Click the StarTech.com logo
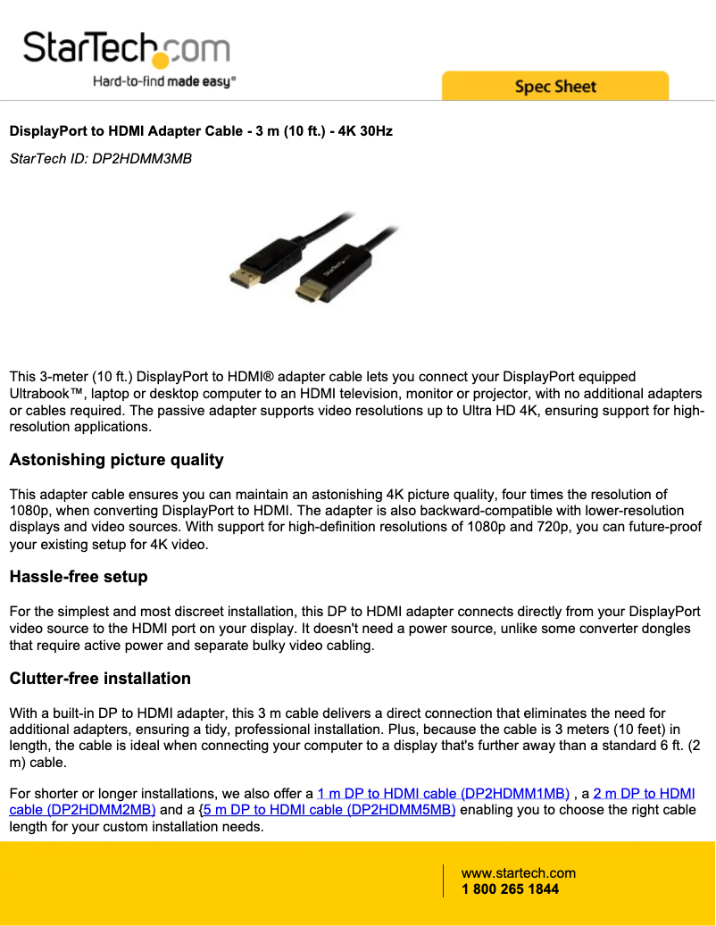tap(126, 48)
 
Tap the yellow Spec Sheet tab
tap(554, 87)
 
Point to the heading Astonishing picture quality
tap(116, 460)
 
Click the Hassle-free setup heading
tap(79, 577)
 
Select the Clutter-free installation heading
tap(100, 679)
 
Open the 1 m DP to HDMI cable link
tap(443, 793)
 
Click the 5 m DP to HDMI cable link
tap(329, 810)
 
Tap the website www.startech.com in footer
tap(518, 873)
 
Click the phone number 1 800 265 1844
tap(510, 889)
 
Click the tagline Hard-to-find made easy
tap(164, 82)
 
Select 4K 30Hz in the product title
tap(363, 131)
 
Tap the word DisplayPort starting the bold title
tap(43, 131)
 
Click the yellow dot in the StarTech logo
tap(161, 61)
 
